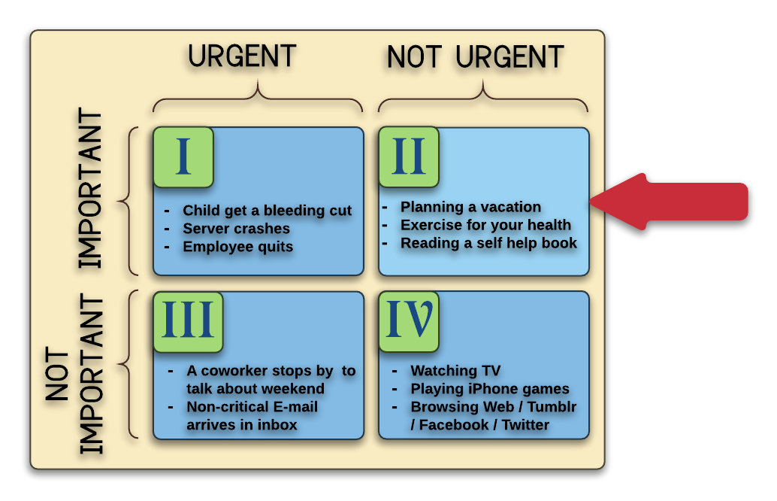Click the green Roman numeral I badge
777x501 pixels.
[183, 157]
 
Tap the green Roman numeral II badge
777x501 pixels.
[409, 157]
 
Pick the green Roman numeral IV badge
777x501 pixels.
[409, 322]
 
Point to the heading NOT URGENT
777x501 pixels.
[475, 57]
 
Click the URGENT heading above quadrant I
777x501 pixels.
[242, 57]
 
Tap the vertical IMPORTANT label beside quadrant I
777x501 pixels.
[90, 189]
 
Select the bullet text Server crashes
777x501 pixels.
[236, 228]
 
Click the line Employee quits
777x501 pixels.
[237, 246]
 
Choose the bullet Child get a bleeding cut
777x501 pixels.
[267, 210]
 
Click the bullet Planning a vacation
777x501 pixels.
[470, 207]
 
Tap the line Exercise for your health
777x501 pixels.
[485, 225]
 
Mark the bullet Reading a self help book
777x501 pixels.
[488, 243]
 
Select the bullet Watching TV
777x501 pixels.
[455, 371]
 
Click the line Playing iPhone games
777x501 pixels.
[489, 389]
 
